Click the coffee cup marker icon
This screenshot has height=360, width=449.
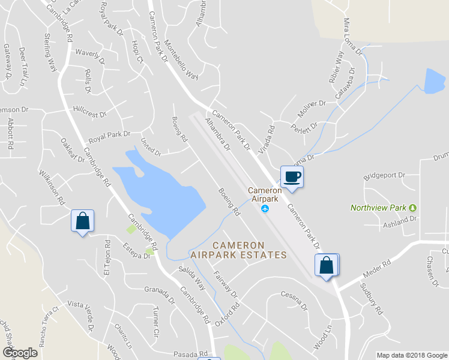coord(292,177)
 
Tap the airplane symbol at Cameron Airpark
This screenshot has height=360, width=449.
coord(265,209)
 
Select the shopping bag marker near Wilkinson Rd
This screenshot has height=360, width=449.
coord(83,221)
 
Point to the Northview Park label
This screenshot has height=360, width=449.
coord(378,208)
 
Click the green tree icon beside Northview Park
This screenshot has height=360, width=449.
coord(413,208)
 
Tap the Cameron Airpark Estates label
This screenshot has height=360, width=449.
coord(239,250)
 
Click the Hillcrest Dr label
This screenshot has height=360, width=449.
coord(89,113)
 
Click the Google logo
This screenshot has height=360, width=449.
coord(20,353)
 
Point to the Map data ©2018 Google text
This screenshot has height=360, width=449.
coord(411,355)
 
